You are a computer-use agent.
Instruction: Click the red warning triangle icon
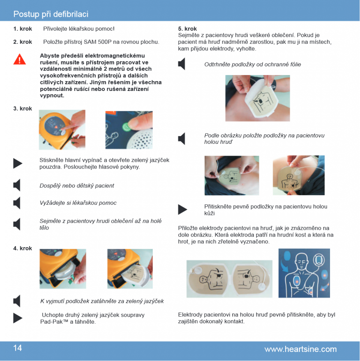point(20,59)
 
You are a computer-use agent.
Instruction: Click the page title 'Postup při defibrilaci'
point(51,14)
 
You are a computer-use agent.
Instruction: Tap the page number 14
point(18,348)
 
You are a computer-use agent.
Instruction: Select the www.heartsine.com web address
point(301,349)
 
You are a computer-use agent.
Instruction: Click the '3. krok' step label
point(23,109)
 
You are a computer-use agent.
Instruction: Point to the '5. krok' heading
point(187,29)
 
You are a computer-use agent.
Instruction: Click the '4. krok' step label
point(23,248)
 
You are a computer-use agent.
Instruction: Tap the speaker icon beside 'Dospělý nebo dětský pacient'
point(17,185)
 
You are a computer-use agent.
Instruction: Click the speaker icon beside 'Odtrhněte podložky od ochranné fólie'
point(182,64)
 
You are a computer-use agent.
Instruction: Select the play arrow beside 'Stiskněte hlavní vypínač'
point(18,164)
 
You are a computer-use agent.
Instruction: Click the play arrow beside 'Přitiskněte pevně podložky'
point(182,209)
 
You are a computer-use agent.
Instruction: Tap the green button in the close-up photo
point(126,127)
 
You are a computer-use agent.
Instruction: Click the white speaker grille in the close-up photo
point(140,138)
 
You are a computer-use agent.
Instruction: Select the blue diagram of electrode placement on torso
point(304,273)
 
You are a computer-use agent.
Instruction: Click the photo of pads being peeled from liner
point(258,98)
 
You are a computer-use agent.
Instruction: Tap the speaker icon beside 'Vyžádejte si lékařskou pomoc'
point(17,203)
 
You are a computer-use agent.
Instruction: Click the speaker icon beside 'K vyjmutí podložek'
point(17,301)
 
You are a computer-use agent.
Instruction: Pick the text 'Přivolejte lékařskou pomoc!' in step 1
point(79,29)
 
